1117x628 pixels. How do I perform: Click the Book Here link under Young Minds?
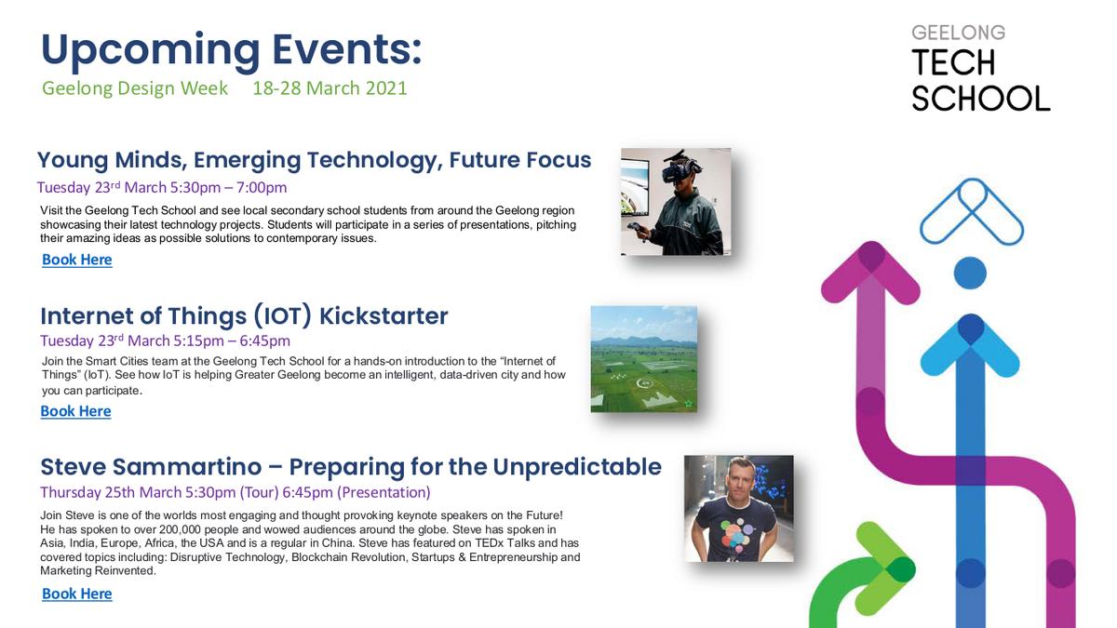coord(76,260)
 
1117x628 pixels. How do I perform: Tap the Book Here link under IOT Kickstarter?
coord(75,411)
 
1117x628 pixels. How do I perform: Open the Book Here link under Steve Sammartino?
coord(76,594)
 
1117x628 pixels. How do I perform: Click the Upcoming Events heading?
coord(232,51)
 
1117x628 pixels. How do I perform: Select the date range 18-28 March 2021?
coord(330,88)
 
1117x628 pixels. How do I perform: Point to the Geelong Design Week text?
coord(135,88)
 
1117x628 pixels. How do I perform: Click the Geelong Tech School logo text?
coord(980,67)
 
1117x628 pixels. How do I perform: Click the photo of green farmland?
coord(644,359)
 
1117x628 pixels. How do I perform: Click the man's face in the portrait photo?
coord(739,482)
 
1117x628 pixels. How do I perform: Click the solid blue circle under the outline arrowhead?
coord(970,273)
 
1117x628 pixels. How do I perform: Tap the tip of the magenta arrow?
coord(871,243)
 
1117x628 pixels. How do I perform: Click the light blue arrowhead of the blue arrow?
coord(970,345)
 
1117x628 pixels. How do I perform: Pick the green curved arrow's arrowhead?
coord(885,568)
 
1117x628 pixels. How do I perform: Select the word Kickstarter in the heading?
coord(384,316)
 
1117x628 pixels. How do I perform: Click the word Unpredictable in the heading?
coord(577,467)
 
